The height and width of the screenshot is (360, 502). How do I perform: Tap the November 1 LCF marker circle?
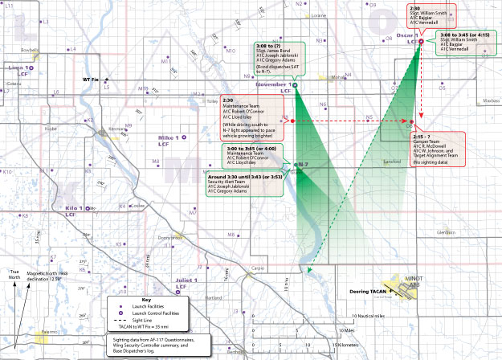(295, 84)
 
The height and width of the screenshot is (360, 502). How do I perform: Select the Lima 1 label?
(14, 68)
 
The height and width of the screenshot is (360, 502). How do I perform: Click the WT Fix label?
(91, 80)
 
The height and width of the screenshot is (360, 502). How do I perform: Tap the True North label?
(12, 275)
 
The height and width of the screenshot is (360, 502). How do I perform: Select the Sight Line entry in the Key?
(153, 321)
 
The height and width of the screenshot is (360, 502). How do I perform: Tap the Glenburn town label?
(446, 232)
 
